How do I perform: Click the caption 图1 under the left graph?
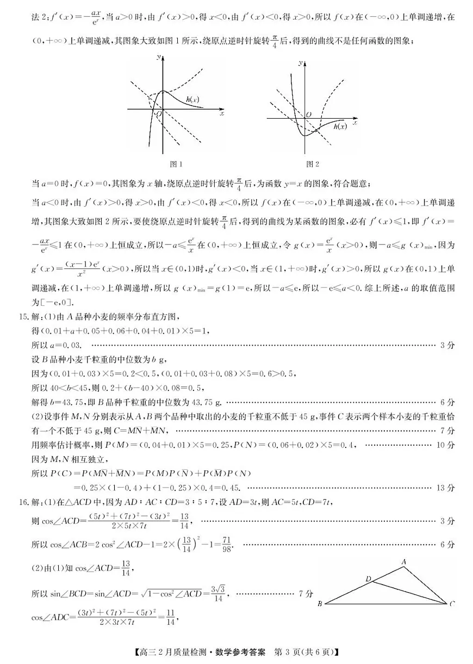pyautogui.click(x=177, y=164)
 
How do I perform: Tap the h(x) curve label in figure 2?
pyautogui.click(x=340, y=127)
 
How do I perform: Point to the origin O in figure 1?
pyautogui.click(x=159, y=114)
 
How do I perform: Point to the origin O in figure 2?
pyautogui.click(x=308, y=115)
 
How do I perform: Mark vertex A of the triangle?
pyautogui.click(x=404, y=561)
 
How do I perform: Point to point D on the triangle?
pyautogui.click(x=368, y=579)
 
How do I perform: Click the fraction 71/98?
pyautogui.click(x=226, y=544)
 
